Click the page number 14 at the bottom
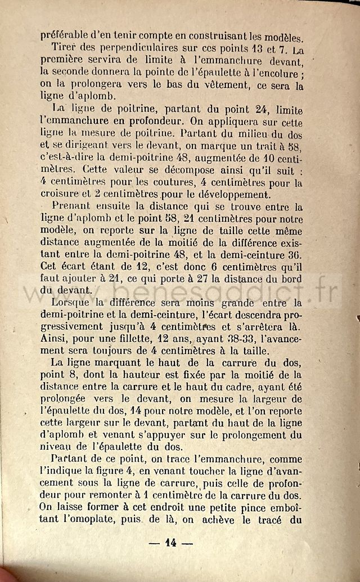(171, 543)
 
